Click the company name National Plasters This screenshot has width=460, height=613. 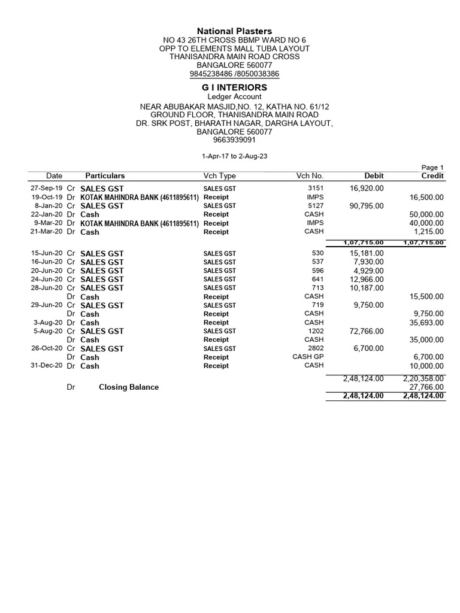point(235,31)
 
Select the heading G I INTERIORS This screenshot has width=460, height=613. point(235,87)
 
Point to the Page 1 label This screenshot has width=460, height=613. point(433,168)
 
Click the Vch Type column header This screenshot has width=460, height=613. point(220,176)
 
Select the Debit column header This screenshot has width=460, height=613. point(374,176)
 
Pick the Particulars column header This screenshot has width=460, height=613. point(105,176)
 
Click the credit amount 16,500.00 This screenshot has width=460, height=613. point(426,197)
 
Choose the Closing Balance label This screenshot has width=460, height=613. point(129,387)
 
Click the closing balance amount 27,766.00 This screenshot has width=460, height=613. point(426,387)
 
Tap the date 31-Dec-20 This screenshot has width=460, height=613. point(47,366)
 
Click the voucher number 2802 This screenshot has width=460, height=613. point(315,348)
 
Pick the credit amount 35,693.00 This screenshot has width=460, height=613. point(426,323)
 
